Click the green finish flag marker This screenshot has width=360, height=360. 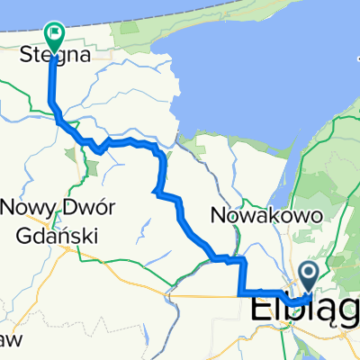[x=54, y=37]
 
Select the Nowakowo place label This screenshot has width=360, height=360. [x=257, y=215]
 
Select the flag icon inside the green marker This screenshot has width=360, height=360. [x=54, y=34]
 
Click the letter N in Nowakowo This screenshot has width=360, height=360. [x=217, y=215]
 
